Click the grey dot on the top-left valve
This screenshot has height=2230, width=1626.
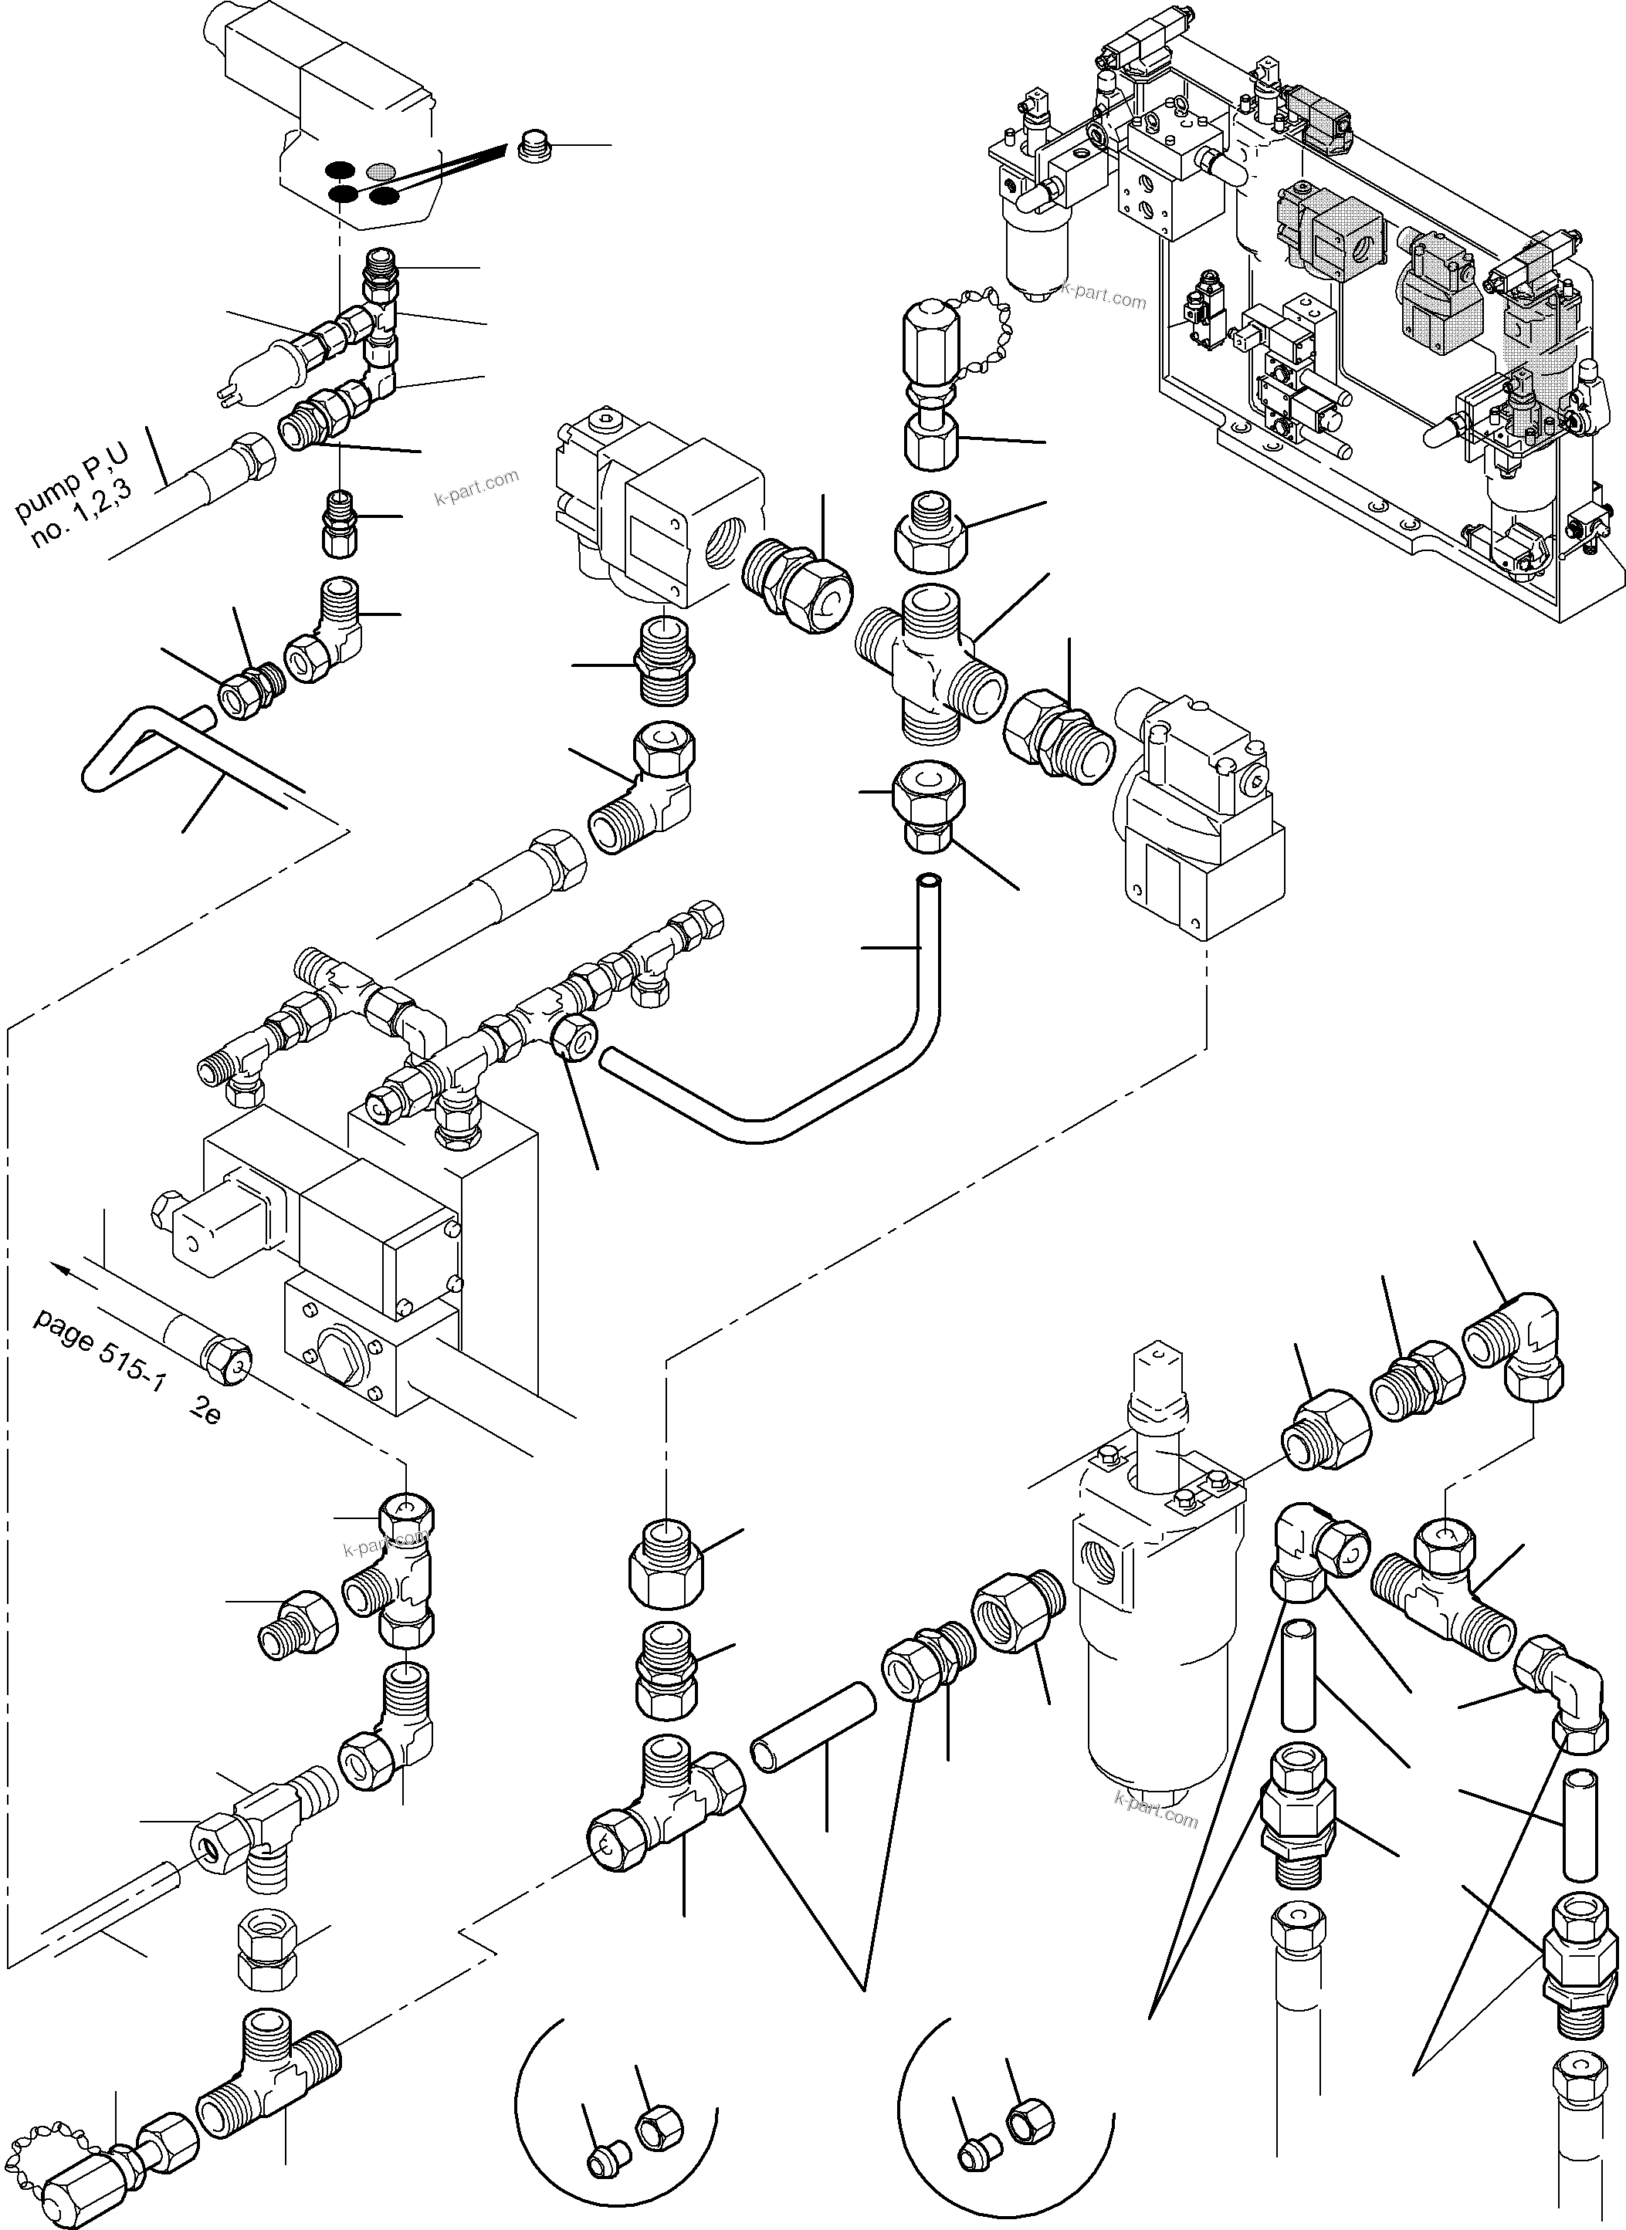pos(379,171)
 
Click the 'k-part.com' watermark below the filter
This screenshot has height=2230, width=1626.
pos(1156,1815)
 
